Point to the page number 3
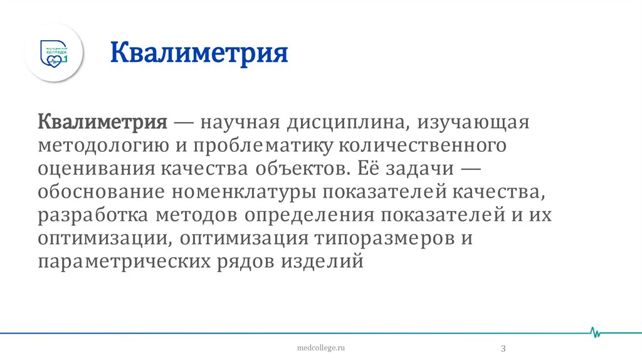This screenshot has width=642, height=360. (503, 348)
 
